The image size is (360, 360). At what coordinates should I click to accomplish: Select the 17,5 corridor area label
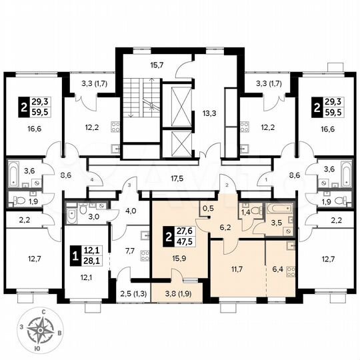(x=177, y=179)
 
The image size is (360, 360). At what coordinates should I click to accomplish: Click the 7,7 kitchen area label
(x=130, y=251)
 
